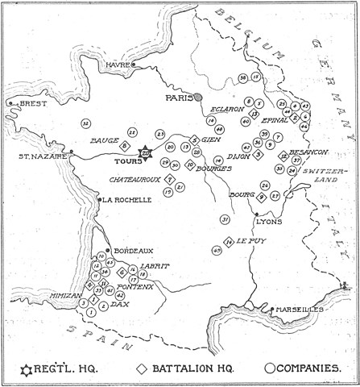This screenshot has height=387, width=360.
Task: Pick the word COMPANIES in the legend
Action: tap(319, 368)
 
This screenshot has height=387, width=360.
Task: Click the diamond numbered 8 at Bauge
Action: tap(125, 145)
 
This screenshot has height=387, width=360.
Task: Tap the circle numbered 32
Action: tap(85, 123)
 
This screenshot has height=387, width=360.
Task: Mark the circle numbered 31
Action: tap(225, 219)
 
